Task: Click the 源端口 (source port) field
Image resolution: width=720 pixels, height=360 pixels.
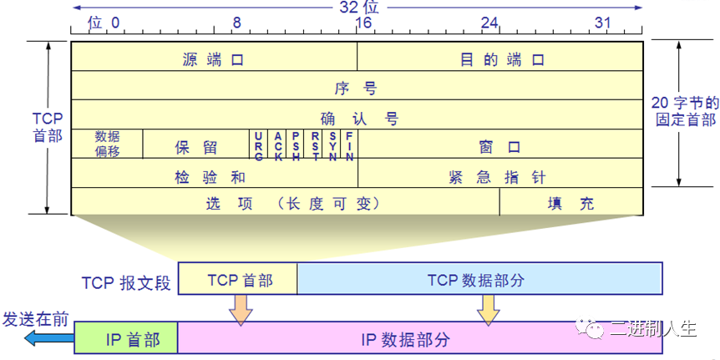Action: pyautogui.click(x=214, y=59)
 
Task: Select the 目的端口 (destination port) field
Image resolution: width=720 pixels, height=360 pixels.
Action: pyautogui.click(x=502, y=59)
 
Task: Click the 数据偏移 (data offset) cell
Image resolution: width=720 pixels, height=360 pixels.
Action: pyautogui.click(x=107, y=144)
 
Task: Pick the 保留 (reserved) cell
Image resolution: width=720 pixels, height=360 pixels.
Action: pyautogui.click(x=196, y=147)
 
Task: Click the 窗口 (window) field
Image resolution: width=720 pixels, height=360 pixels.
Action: pyautogui.click(x=499, y=147)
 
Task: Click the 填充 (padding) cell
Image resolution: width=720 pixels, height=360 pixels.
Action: pyautogui.click(x=571, y=203)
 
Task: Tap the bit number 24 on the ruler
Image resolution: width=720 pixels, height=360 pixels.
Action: pyautogui.click(x=489, y=22)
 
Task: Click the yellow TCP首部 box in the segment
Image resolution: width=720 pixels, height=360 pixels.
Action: pyautogui.click(x=239, y=280)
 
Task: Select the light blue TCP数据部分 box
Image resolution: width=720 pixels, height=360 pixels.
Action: pyautogui.click(x=479, y=280)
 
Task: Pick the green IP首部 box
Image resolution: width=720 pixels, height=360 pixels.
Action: pyautogui.click(x=126, y=339)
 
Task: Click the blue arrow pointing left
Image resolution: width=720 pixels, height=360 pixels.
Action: pyautogui.click(x=47, y=337)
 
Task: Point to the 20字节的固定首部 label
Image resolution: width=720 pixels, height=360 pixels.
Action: pyautogui.click(x=685, y=110)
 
